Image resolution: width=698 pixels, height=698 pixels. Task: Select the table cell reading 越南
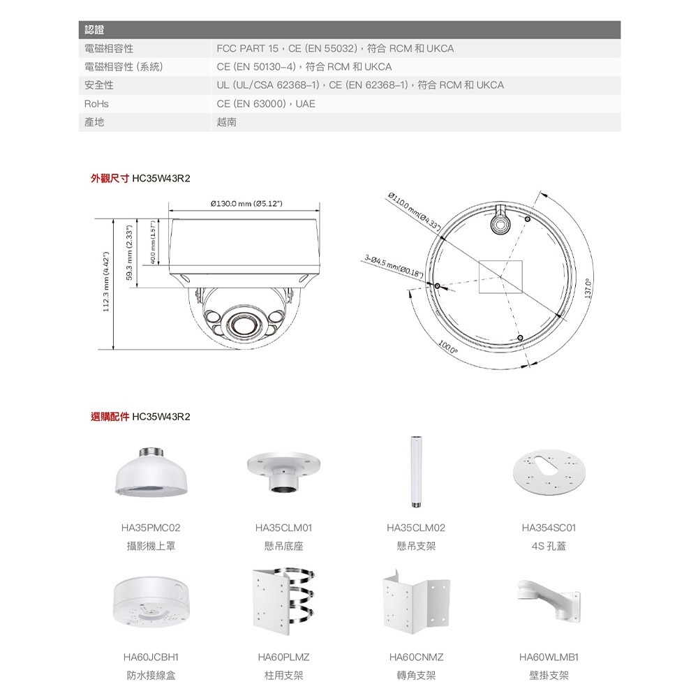[x=227, y=122]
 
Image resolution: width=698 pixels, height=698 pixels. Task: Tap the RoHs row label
[x=96, y=104]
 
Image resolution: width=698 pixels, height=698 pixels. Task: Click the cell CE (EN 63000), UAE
[x=266, y=104]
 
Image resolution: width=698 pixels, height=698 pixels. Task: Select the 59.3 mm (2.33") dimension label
[x=129, y=253]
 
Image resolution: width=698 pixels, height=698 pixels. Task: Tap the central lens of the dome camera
[x=241, y=325]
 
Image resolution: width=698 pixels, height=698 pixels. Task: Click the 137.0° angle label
[x=588, y=286]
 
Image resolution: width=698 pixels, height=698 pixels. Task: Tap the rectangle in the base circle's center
[x=501, y=276]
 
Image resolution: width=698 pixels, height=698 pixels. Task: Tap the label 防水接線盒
[x=151, y=675]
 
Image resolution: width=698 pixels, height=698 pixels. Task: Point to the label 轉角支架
[x=416, y=675]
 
